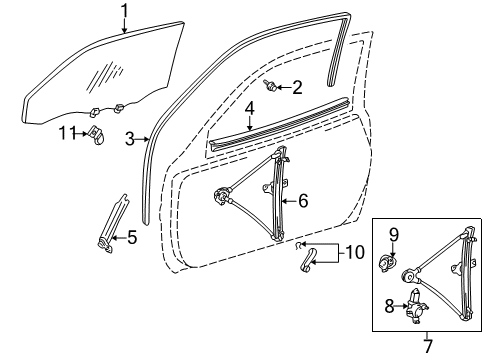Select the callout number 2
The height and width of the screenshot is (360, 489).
point(297,89)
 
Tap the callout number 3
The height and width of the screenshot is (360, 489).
point(130,138)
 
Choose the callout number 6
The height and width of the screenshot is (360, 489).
point(303,200)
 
